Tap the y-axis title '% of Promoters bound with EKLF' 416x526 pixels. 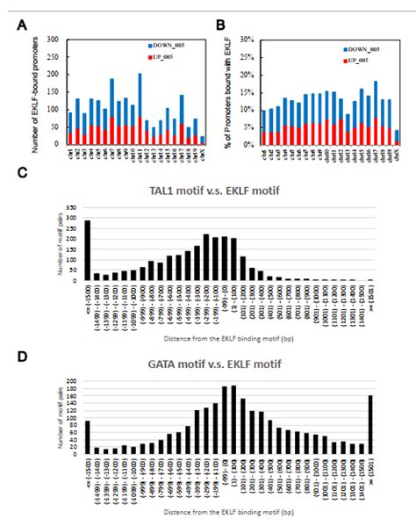coord(229,92)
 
